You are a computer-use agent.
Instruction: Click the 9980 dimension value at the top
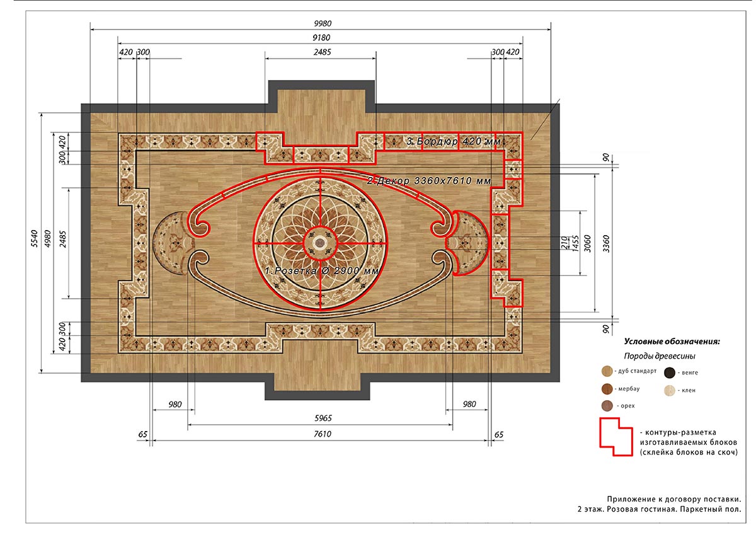pos(323,23)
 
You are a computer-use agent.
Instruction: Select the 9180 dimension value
pos(321,37)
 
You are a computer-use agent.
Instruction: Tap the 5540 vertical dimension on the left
pos(35,238)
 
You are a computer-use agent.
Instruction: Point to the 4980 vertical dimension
pos(48,238)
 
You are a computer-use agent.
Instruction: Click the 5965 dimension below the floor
pos(323,418)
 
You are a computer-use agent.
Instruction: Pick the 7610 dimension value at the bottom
pos(323,434)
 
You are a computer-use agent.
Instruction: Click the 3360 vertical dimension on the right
pos(606,244)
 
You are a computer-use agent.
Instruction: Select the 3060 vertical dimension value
pos(588,244)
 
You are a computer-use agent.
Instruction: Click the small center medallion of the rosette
pos(320,243)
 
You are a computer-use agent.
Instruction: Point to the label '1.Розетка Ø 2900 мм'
pos(321,271)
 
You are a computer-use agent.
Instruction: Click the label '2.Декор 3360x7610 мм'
pos(428,181)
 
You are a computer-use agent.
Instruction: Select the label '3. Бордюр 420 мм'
pos(454,141)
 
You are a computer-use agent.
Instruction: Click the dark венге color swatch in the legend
pos(670,373)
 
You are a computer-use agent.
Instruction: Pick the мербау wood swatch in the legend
pos(607,389)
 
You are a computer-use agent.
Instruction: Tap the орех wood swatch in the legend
pos(607,406)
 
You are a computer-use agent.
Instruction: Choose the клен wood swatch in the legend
pos(670,391)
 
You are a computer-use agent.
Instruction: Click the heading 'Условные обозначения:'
pos(672,342)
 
